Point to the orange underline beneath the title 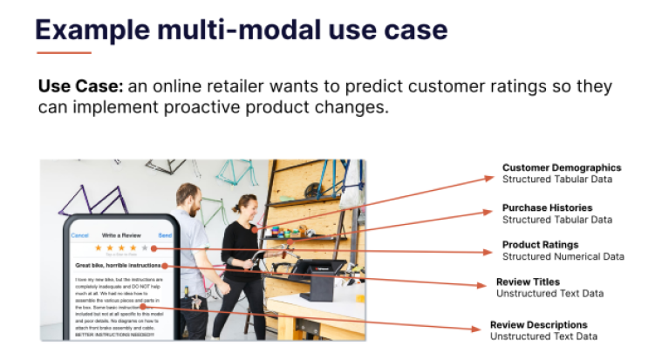pyautogui.click(x=63, y=52)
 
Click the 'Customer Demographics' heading pyautogui.click(x=561, y=167)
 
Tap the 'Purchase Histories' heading pyautogui.click(x=547, y=207)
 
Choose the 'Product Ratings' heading pyautogui.click(x=540, y=245)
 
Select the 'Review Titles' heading pyautogui.click(x=529, y=282)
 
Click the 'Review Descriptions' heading pyautogui.click(x=538, y=324)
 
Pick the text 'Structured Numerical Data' pyautogui.click(x=563, y=256)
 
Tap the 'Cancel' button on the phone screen pyautogui.click(x=79, y=235)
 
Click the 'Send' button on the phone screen pyautogui.click(x=165, y=235)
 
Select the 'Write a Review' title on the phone pyautogui.click(x=122, y=235)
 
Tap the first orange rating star pyautogui.click(x=98, y=248)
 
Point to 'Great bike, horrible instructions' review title pyautogui.click(x=118, y=265)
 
